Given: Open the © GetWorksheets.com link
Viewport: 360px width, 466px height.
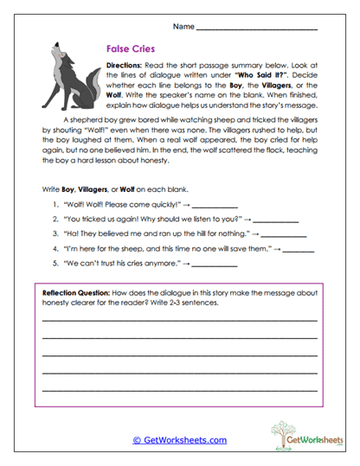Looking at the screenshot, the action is tap(179, 440).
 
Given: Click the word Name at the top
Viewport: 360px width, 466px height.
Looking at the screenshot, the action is tap(183, 27).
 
